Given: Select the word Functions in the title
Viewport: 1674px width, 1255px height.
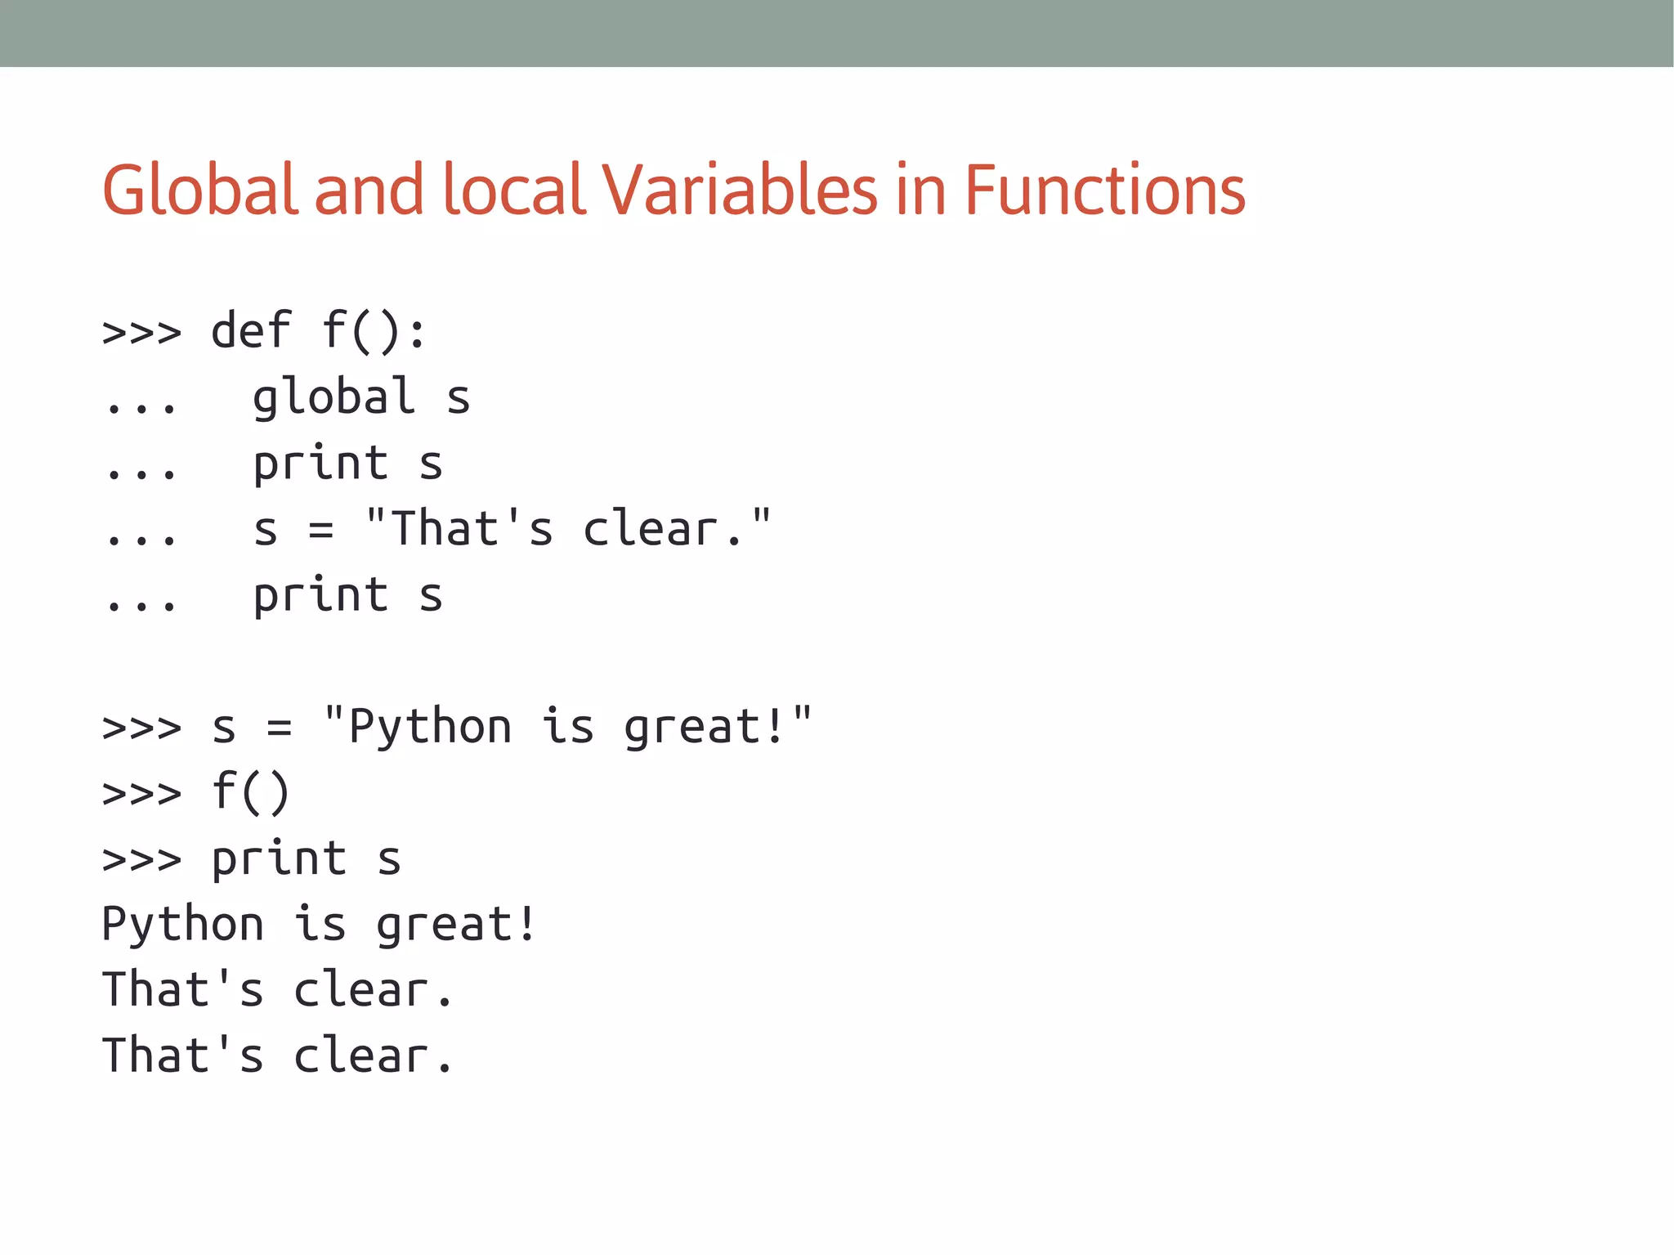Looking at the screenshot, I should pyautogui.click(x=1104, y=190).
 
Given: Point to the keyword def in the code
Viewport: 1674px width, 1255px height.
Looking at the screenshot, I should pyautogui.click(x=251, y=331).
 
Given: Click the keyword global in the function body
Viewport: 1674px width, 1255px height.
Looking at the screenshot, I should pyautogui.click(x=333, y=398).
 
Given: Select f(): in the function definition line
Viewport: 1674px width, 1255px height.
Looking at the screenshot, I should pyautogui.click(x=374, y=331).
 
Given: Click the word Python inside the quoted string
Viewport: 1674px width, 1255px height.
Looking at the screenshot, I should pyautogui.click(x=430, y=727).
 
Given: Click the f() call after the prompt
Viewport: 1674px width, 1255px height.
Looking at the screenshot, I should pyautogui.click(x=251, y=792).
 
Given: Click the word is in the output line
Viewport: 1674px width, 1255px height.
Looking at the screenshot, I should pyautogui.click(x=320, y=924).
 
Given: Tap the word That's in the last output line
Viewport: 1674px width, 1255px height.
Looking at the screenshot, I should pyautogui.click(x=183, y=1056).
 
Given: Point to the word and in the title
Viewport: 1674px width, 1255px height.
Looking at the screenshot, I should pyautogui.click(x=369, y=190).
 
